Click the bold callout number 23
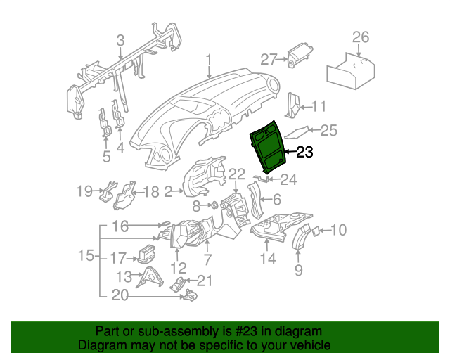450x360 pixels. [x=304, y=152]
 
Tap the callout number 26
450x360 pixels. [x=360, y=37]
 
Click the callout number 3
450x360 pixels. [x=120, y=40]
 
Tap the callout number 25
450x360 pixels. [x=329, y=130]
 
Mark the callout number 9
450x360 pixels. [x=298, y=270]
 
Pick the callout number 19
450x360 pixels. [x=84, y=191]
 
